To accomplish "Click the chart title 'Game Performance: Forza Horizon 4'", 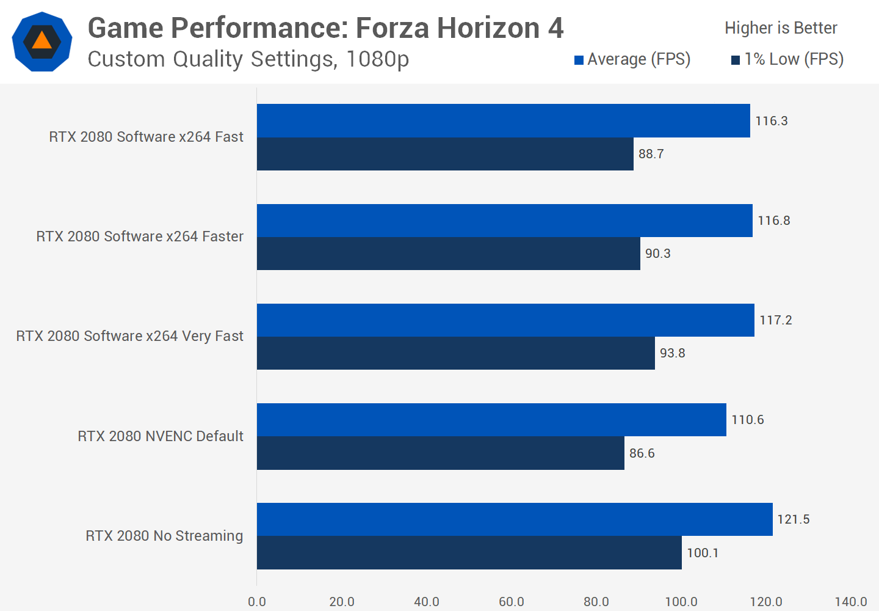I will point(325,28).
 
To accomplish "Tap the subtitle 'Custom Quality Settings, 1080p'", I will point(248,59).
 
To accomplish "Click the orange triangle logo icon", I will point(42,41).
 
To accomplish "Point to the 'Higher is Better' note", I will point(781,28).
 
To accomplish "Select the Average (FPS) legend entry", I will point(632,59).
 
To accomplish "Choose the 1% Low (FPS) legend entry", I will point(787,59).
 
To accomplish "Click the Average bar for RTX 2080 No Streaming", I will point(514,519).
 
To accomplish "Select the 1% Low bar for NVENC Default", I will point(440,453).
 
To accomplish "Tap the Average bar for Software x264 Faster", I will point(504,221).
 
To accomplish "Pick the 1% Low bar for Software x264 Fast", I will point(445,154).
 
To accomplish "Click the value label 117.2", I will point(775,320).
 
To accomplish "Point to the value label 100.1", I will point(703,553).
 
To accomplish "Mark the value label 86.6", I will point(642,453).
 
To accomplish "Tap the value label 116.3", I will point(771,121).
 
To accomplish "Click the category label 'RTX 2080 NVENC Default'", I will point(160,436).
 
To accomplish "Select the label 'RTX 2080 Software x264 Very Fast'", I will point(129,336).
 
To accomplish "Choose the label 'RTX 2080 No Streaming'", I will point(164,536).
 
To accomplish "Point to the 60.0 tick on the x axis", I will point(511,602).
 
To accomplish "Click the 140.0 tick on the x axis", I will point(850,602).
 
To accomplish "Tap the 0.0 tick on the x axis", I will point(257,602).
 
